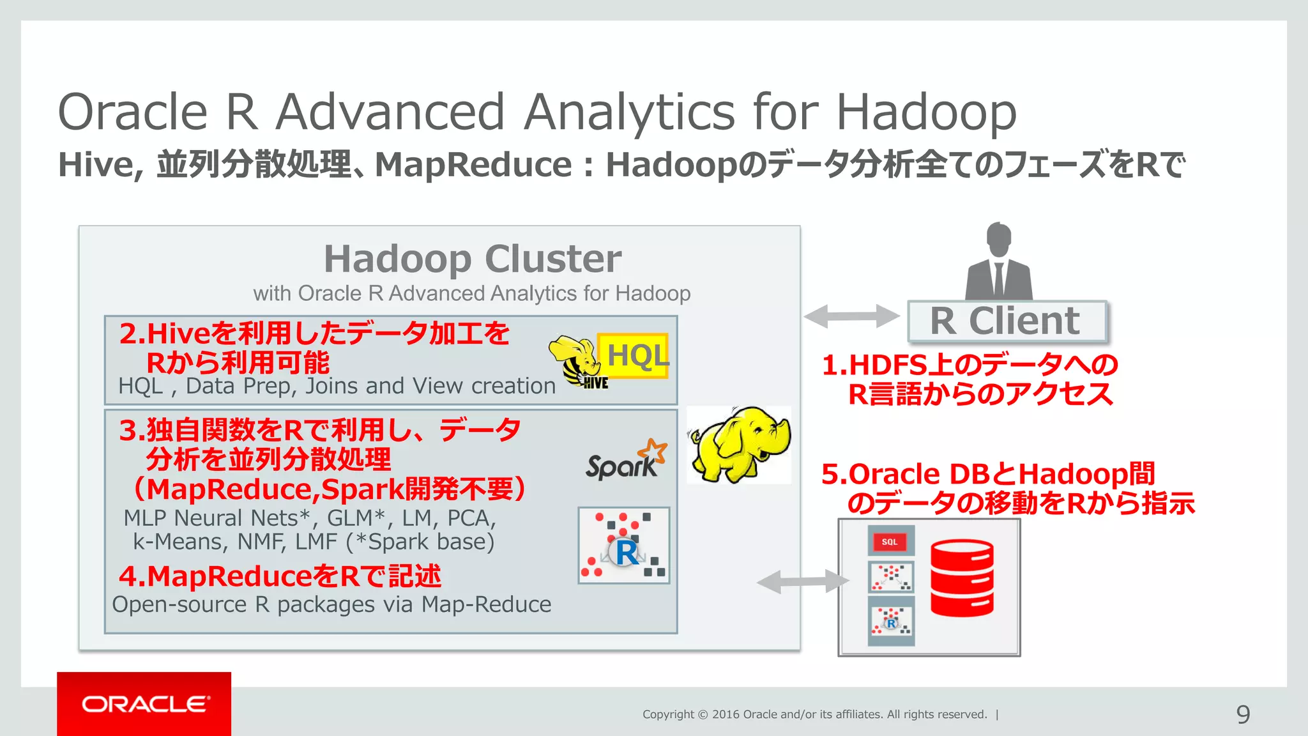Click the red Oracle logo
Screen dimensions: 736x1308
(x=144, y=703)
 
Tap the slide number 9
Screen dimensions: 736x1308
(x=1243, y=714)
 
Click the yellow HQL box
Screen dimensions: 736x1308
(x=634, y=355)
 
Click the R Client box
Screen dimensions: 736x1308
(x=1007, y=321)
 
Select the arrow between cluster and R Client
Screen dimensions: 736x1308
(x=851, y=316)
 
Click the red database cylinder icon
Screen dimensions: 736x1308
(x=962, y=578)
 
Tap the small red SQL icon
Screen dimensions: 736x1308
(x=890, y=541)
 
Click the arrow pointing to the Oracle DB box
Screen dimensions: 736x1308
(x=803, y=581)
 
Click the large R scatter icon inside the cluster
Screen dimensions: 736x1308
(x=624, y=546)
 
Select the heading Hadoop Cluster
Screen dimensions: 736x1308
(x=473, y=259)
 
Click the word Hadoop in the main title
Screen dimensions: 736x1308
(x=926, y=112)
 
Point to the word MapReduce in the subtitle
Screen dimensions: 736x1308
(x=473, y=165)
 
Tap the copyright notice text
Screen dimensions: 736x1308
(x=814, y=714)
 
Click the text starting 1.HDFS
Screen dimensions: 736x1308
(x=969, y=365)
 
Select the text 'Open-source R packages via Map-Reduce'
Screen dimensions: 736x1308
(x=331, y=604)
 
